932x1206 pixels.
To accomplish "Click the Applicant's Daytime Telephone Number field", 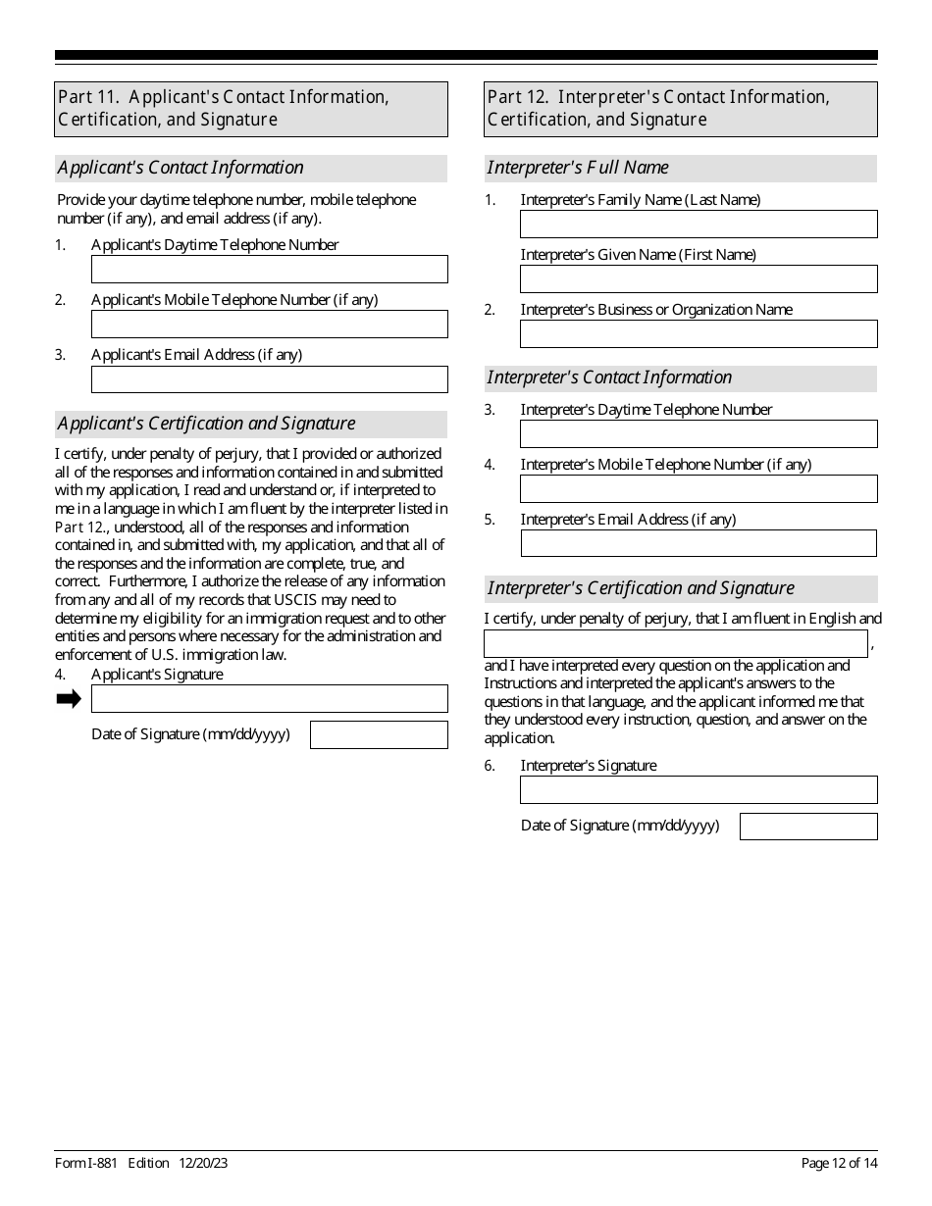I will point(269,270).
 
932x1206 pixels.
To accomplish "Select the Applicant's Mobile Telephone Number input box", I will point(269,325).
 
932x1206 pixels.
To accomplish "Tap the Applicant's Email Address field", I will point(269,379).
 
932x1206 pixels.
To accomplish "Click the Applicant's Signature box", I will point(269,699).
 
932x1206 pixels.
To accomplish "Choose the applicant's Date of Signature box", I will point(379,735).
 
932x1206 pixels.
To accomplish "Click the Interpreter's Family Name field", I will point(699,225).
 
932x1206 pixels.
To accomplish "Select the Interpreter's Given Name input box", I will point(699,279).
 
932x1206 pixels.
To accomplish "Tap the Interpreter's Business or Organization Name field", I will point(699,334).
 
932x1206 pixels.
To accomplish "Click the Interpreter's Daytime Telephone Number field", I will point(699,434).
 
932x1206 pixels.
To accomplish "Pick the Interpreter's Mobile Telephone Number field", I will point(699,489).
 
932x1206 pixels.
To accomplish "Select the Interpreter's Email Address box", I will point(699,544).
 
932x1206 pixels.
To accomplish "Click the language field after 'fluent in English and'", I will point(676,644).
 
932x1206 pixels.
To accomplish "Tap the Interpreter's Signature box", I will point(699,790).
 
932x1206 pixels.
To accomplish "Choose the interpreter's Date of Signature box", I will point(808,827).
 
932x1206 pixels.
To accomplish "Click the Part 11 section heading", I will point(251,109).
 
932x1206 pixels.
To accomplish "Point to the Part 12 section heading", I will point(681,109).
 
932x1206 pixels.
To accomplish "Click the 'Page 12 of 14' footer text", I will point(839,1164).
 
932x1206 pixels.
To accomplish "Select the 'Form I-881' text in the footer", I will point(86,1164).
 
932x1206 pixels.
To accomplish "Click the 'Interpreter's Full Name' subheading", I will point(578,168).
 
